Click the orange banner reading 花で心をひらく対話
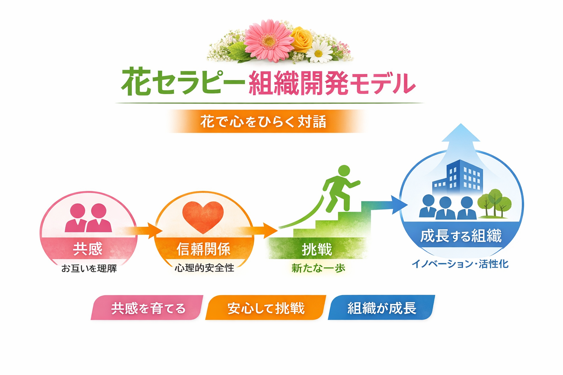[x=263, y=122]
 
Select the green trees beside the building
[x=495, y=203]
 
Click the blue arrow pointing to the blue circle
[x=385, y=205]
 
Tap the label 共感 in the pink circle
[x=88, y=249]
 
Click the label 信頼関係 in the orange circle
[x=204, y=249]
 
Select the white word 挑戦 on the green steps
[x=317, y=250]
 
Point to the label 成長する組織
[x=461, y=236]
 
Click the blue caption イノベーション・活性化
[x=460, y=264]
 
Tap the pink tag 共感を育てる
[x=148, y=308]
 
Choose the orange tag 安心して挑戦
[x=266, y=308]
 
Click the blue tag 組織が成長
[x=382, y=308]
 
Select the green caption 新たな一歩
[x=318, y=268]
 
